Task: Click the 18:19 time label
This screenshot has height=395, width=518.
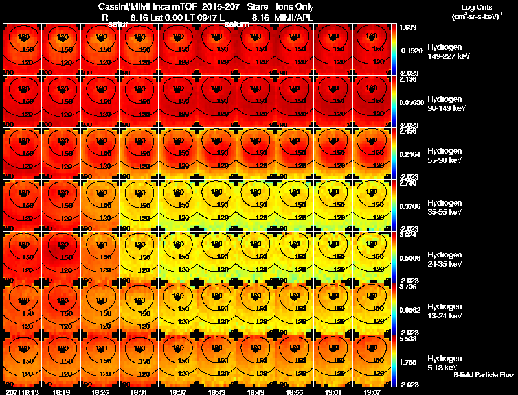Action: (x=63, y=392)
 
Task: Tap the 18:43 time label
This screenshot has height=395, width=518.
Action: (x=217, y=392)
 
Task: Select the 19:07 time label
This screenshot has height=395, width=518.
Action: (x=372, y=392)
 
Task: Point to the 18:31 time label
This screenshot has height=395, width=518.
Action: (x=140, y=392)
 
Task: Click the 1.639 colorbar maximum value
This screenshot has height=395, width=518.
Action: (x=409, y=27)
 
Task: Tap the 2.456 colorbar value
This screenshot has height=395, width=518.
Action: (x=409, y=131)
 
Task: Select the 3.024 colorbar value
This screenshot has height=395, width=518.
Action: (x=409, y=235)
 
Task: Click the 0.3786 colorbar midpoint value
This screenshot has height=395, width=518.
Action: (x=411, y=208)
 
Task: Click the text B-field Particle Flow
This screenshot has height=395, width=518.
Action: (x=484, y=375)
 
